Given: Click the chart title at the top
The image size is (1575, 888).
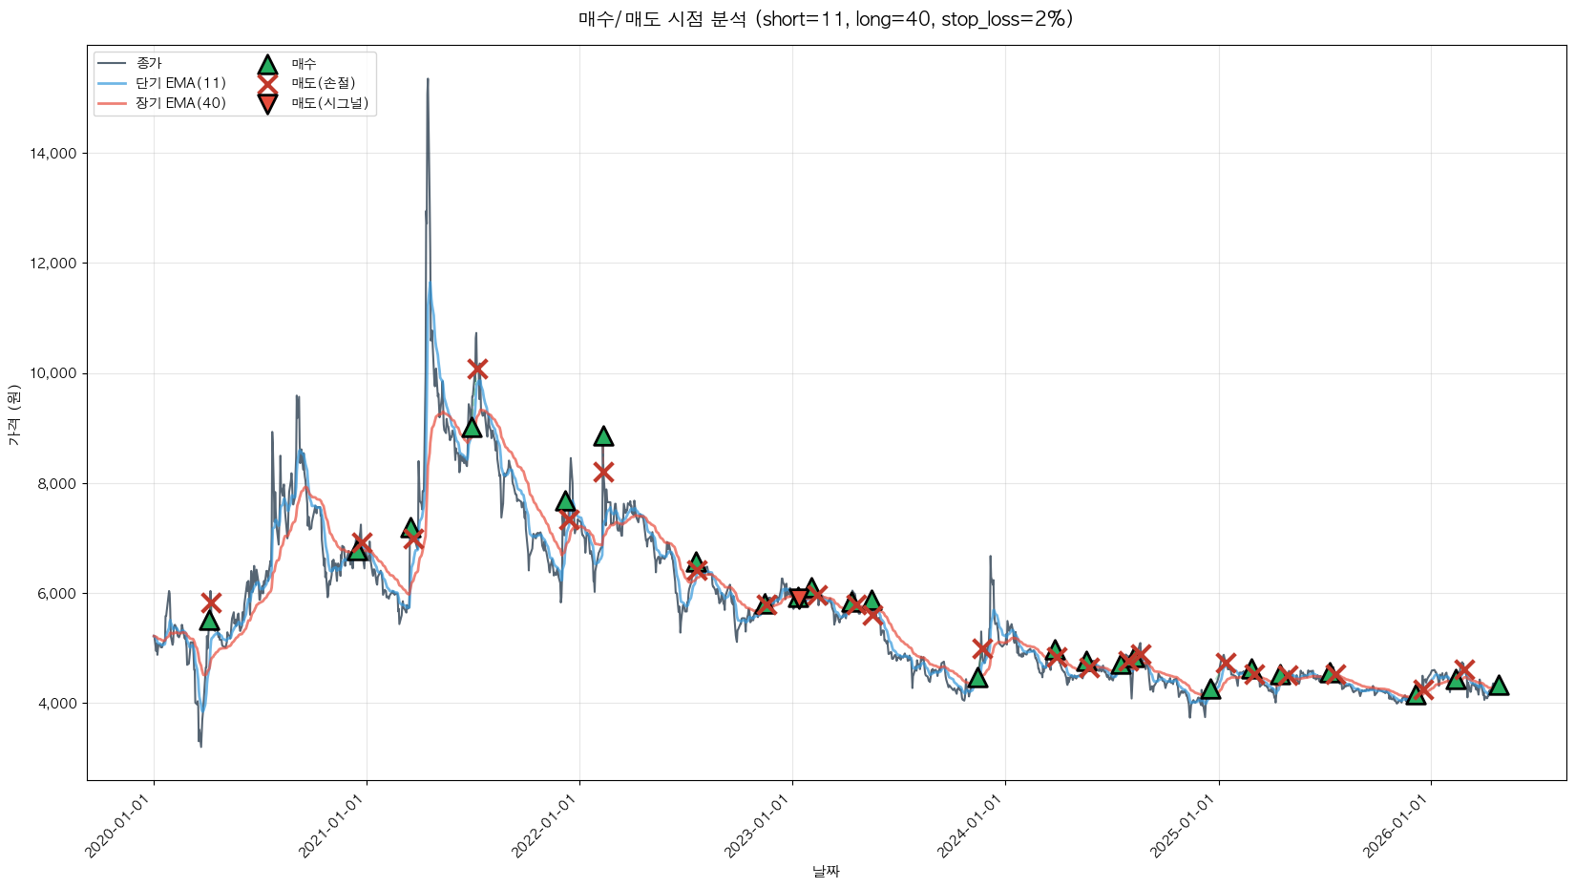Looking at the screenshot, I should (x=826, y=19).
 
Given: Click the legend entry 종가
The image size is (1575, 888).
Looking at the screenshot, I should (x=149, y=63).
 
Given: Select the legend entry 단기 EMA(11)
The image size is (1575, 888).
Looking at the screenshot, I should (x=180, y=83).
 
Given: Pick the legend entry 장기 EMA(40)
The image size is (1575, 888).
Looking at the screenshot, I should (x=180, y=103).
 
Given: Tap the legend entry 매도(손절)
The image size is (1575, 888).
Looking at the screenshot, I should (x=323, y=83).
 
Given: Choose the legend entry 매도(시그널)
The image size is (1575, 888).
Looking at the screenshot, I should (x=329, y=103).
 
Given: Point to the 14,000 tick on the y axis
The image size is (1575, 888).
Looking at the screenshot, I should (x=55, y=154).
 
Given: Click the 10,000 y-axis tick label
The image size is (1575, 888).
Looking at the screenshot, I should (x=55, y=373).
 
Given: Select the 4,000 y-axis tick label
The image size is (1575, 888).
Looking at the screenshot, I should (x=58, y=704).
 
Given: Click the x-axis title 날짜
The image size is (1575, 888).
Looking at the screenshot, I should (x=826, y=871).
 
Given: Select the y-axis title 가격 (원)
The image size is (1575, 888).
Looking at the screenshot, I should (x=13, y=414).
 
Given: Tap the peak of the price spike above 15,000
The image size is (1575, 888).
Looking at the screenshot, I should (x=428, y=79).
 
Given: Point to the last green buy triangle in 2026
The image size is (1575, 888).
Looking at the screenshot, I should (x=1499, y=686).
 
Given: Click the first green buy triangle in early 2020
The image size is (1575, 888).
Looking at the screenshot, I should (x=209, y=621).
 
